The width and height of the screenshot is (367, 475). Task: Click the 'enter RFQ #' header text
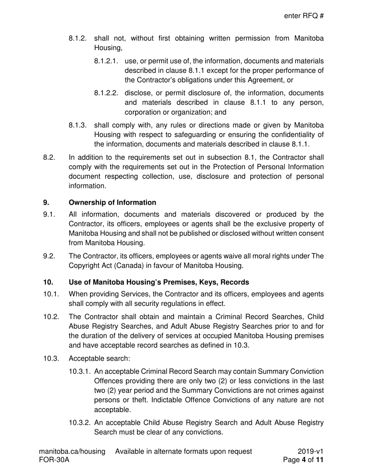coord(304,16)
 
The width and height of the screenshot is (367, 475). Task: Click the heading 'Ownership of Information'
coord(112,202)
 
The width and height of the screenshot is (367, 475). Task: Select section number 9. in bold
coord(46,202)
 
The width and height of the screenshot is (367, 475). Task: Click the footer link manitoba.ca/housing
coord(72,451)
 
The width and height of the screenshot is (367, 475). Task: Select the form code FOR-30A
coord(54,460)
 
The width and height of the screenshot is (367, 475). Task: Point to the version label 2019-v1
coord(311,451)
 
